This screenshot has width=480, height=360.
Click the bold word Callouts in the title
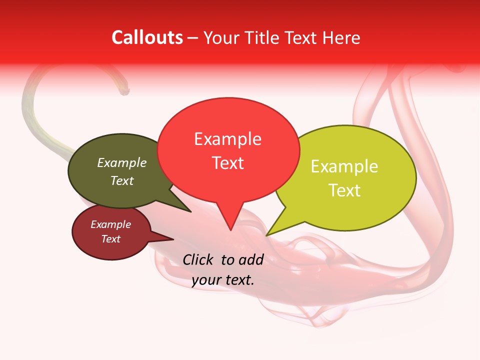(x=147, y=37)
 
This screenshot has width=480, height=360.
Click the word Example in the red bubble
(x=227, y=138)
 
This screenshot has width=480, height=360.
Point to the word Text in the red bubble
(x=228, y=162)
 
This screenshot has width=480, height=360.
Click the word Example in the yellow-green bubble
(x=344, y=166)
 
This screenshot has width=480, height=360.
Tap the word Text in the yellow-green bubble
(x=344, y=190)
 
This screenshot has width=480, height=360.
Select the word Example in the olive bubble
(x=122, y=162)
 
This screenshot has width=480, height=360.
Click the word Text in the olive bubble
(x=122, y=180)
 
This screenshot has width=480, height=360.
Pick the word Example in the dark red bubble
(x=111, y=224)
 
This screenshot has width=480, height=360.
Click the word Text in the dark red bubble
(x=111, y=239)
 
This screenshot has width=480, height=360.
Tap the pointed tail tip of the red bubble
(x=230, y=230)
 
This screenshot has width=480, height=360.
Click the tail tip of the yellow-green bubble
(x=266, y=235)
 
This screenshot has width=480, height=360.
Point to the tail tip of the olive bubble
(x=190, y=211)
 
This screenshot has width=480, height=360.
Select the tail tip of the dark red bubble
(x=173, y=239)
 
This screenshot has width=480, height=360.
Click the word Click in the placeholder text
(x=198, y=259)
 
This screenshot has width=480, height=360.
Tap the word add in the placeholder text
(x=251, y=259)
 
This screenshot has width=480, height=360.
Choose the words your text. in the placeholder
(x=223, y=280)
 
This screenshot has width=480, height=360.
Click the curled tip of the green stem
(x=125, y=92)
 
